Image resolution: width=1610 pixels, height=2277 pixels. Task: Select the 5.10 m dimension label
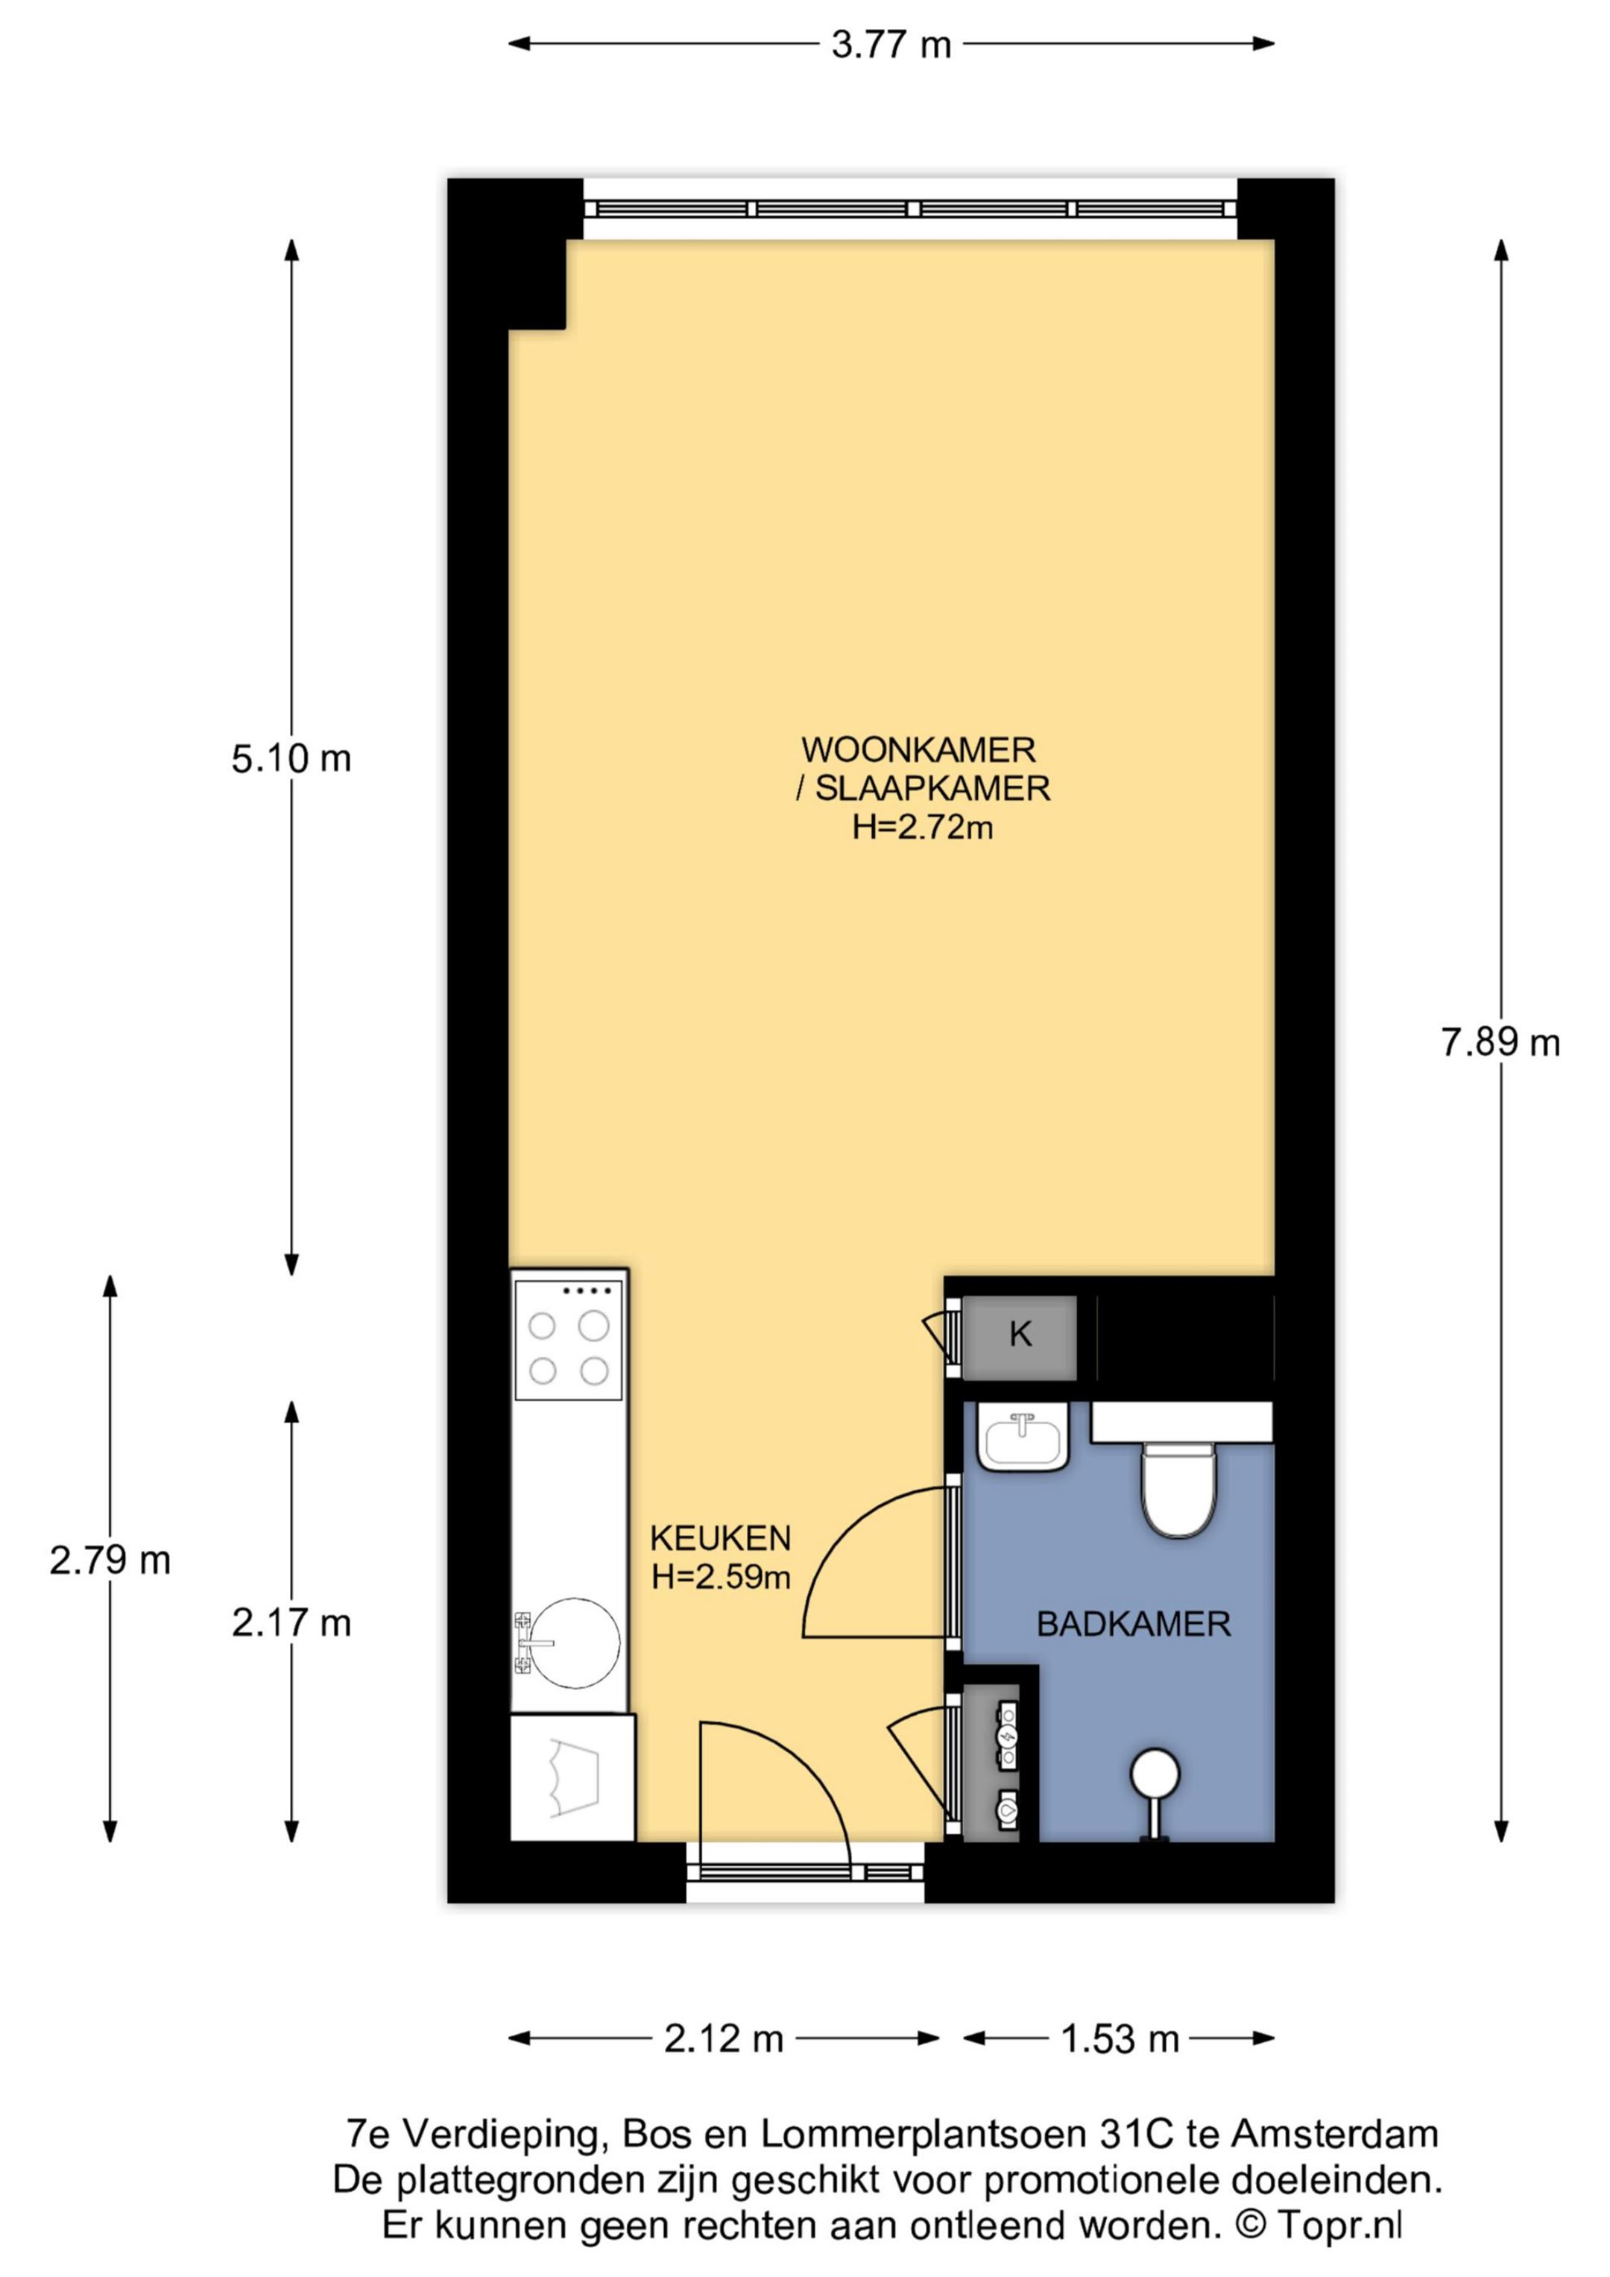291,759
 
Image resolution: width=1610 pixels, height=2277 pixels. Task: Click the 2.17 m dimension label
291,1622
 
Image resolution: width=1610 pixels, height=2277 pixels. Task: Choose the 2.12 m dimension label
724,2039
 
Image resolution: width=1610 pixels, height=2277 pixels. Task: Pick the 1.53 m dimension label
1120,2039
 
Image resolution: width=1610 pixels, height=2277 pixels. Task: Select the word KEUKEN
721,1538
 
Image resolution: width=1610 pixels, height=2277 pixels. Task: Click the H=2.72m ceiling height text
923,826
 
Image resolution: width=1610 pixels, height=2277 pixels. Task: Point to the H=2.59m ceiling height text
721,1576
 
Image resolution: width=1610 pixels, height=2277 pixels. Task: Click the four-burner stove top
568,1339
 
